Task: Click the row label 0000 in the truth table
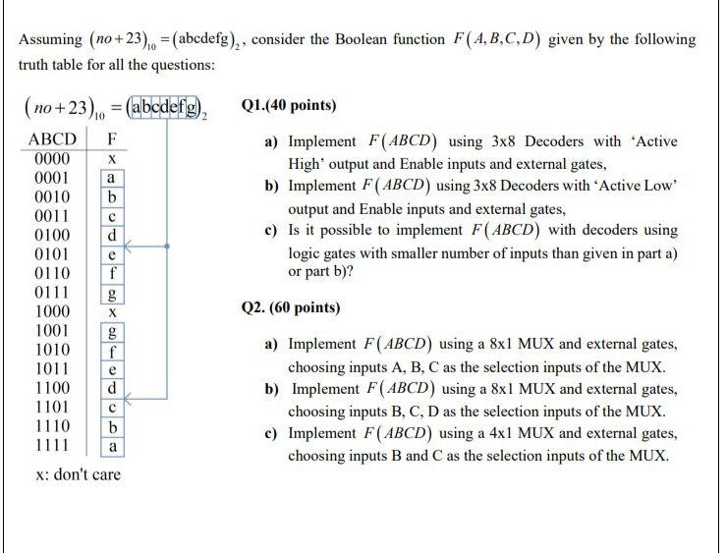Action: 51,159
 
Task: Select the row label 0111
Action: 51,292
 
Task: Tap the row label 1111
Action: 51,445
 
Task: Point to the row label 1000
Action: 51,311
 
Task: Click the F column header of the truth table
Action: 113,139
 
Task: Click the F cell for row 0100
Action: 113,236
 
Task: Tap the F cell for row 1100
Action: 113,388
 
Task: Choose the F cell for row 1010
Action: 113,350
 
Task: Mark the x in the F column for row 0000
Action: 113,159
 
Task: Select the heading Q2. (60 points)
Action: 291,307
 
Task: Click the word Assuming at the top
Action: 50,40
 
